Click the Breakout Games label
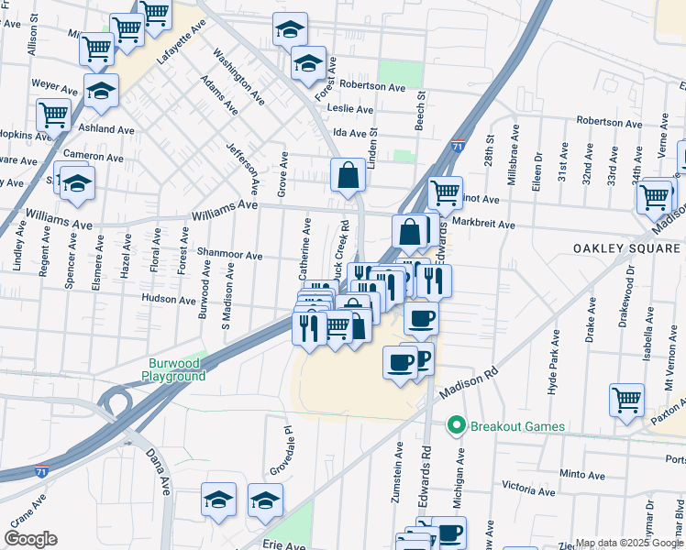coord(517,426)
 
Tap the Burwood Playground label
coord(173,370)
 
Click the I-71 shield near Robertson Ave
coord(458,145)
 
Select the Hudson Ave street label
coord(170,299)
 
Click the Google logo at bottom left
coord(29,539)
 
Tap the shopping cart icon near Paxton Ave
coord(627,399)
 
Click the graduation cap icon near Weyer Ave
coord(101,90)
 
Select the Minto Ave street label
coord(581,476)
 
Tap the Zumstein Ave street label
coord(399,470)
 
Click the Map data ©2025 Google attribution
coord(629,543)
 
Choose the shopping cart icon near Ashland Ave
coord(53,115)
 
